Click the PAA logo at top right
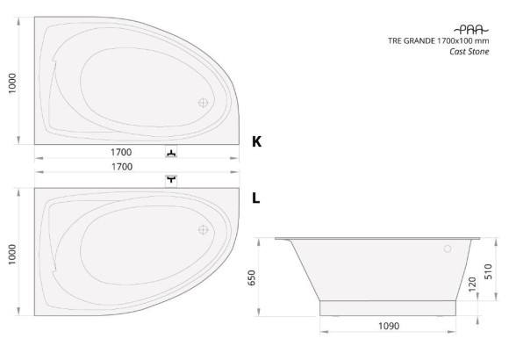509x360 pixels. [x=470, y=30]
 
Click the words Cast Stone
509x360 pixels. [x=470, y=51]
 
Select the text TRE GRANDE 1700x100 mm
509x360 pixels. [x=438, y=40]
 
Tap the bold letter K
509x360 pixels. [x=256, y=141]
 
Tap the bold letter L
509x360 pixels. [x=255, y=198]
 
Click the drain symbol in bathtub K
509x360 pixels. [x=204, y=103]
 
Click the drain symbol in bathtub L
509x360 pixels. [x=204, y=230]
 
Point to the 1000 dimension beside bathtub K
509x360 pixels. [x=12, y=83]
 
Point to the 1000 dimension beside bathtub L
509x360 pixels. [x=12, y=255]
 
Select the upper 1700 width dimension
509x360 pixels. [x=121, y=152]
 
